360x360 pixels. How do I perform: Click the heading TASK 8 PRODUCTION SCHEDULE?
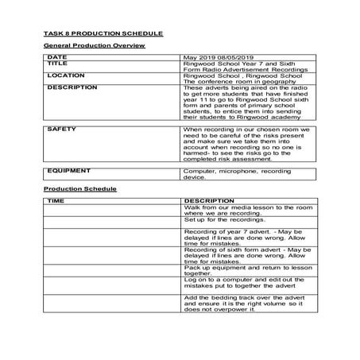(x=103, y=33)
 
